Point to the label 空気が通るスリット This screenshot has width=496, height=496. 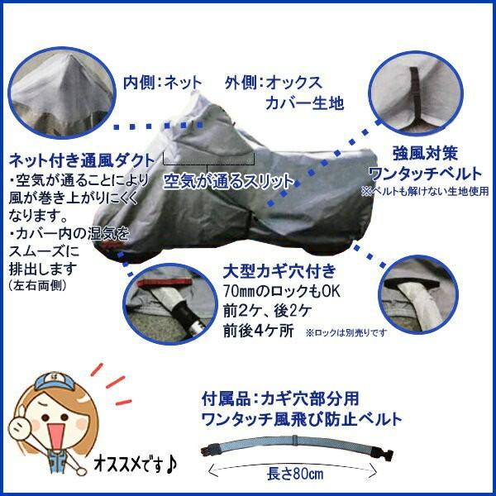227,180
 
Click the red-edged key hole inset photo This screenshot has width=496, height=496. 169,302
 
